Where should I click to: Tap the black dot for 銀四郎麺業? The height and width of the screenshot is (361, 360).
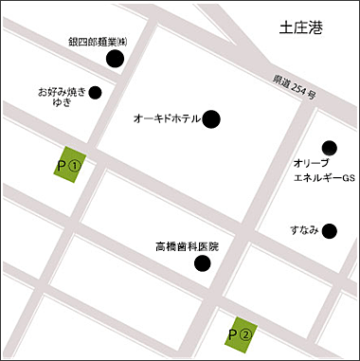pos(116,60)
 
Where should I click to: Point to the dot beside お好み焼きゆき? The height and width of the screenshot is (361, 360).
pos(96,93)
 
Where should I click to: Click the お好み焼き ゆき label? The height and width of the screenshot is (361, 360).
pos(63,98)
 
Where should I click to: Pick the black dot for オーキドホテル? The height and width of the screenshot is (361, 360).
pos(211,118)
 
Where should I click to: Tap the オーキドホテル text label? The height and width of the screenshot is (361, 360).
pos(168,119)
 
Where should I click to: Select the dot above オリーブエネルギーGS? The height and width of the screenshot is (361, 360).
pos(329,147)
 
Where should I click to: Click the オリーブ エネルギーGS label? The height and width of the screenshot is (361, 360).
pos(323,171)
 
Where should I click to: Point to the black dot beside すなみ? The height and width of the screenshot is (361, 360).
pos(329,230)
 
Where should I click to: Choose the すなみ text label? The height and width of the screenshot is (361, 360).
pos(304,230)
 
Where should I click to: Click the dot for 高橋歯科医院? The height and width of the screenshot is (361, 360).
pos(201,263)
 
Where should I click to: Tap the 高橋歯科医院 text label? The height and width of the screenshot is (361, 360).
pos(187,246)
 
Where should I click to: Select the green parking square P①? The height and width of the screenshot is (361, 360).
pos(69,165)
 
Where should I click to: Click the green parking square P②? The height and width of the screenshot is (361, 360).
pos(241,333)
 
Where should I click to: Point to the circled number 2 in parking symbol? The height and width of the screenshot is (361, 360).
pos(245,334)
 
